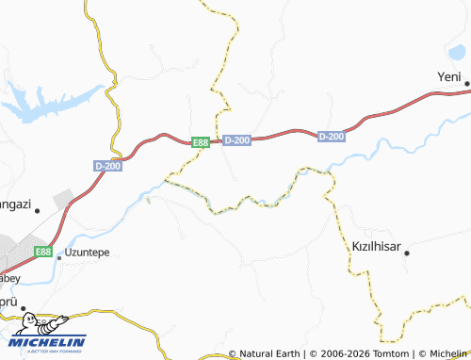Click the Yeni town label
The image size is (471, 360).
point(450,76)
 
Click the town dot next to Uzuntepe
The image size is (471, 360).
point(58,255)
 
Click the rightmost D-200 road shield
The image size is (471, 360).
point(332,137)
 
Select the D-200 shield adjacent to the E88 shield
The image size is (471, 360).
point(237,140)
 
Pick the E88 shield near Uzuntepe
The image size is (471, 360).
point(42,253)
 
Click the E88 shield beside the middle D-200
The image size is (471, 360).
point(201,142)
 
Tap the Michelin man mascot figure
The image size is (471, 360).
point(26,325)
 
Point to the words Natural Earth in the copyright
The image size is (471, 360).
point(272,353)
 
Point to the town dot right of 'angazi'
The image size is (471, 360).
point(38,211)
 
